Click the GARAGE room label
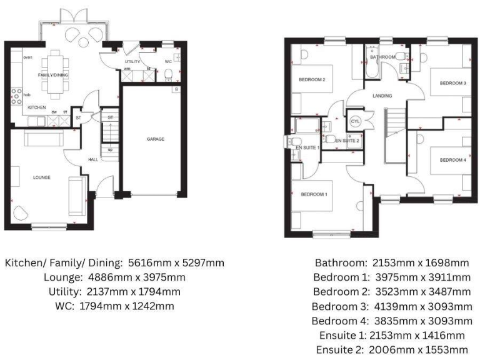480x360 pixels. [156, 139]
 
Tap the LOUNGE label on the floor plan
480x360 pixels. [42, 177]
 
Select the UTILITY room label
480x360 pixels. [132, 62]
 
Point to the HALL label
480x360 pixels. [93, 159]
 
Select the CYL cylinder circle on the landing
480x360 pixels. [356, 121]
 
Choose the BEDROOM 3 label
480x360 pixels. [452, 83]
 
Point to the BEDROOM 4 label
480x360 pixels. [452, 160]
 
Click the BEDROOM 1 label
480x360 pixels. [314, 194]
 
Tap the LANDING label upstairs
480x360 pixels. [382, 96]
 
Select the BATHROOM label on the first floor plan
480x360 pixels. [382, 57]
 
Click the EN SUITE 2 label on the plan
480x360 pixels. [347, 141]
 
